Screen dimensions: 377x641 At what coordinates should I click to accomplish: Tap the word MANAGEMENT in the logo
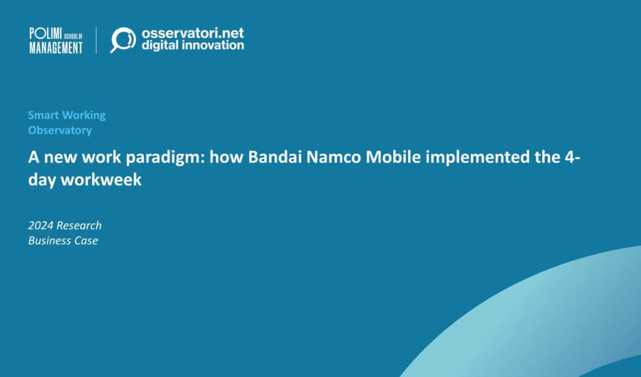coord(56,47)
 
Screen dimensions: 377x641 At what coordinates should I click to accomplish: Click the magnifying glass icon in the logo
coord(123,39)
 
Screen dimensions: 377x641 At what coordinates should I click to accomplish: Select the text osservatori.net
coord(193,33)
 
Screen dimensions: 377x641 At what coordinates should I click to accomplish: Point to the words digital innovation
coord(193,46)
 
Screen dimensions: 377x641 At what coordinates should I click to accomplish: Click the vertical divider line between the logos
coord(96,40)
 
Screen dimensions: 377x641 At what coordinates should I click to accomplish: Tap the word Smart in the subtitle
coord(43,115)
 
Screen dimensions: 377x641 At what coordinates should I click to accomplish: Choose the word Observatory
coord(60,130)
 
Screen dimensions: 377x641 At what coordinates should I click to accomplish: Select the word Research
coord(79,225)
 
